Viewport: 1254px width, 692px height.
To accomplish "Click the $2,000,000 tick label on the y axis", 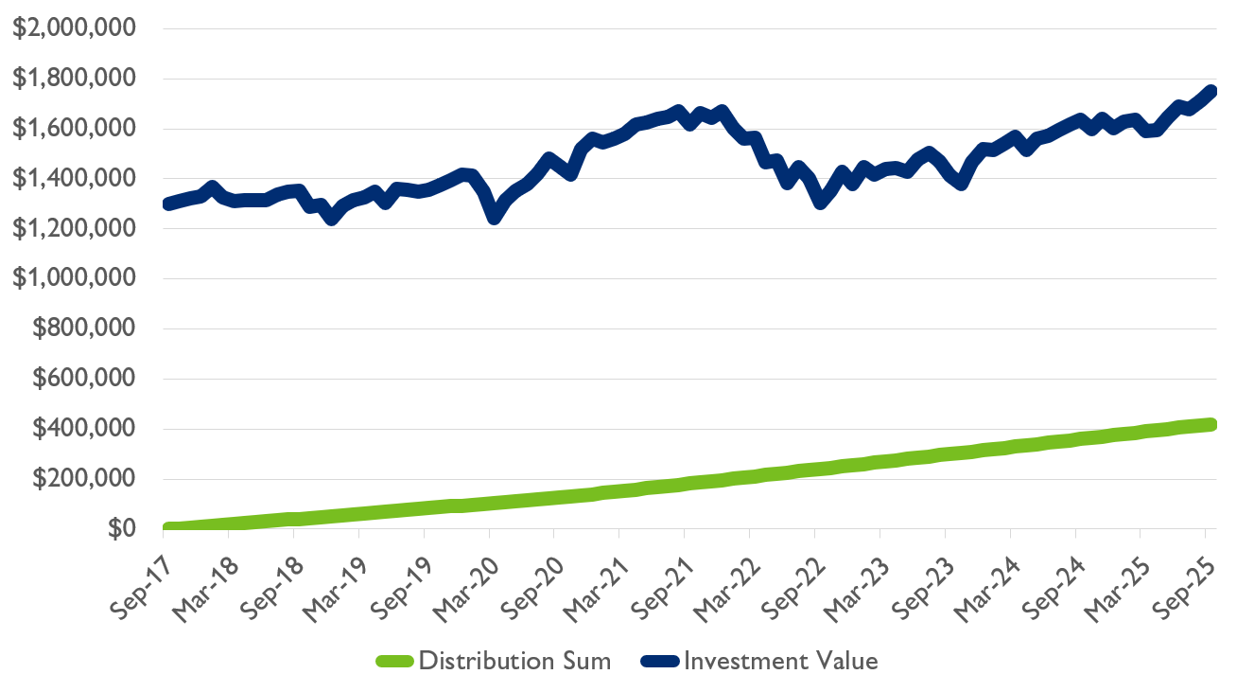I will tap(74, 29).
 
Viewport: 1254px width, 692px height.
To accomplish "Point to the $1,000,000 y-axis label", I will tap(74, 279).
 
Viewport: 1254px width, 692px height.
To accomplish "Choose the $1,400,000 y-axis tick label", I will tap(74, 179).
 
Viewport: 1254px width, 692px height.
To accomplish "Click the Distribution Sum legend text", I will tap(514, 661).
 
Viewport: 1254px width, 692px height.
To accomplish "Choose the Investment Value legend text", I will tap(780, 661).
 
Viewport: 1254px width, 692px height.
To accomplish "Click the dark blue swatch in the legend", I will tap(660, 662).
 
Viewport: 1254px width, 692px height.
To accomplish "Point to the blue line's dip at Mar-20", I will tap(494, 217).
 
